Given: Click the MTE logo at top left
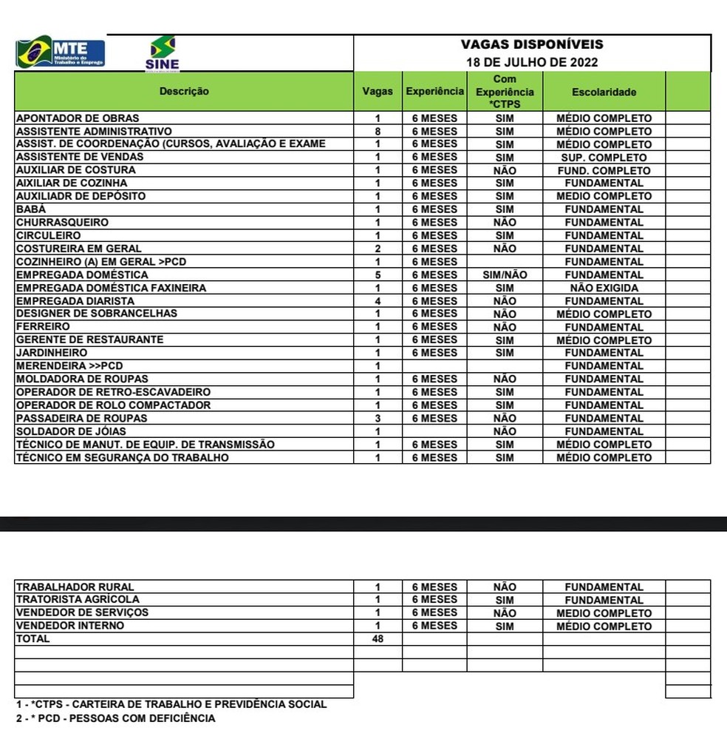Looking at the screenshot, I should (x=61, y=53).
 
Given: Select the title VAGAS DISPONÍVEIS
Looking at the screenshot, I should (x=532, y=45).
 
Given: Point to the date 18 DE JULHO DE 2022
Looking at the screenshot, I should (x=532, y=62).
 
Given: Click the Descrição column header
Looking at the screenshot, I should (x=184, y=92).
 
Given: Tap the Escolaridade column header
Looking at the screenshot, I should (x=604, y=92).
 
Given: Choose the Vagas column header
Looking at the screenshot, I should (x=378, y=92).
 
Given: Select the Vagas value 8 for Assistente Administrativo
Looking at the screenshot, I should (x=378, y=131).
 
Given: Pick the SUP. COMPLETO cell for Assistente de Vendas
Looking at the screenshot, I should (x=604, y=158).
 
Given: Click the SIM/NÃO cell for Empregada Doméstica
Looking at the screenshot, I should (x=505, y=275).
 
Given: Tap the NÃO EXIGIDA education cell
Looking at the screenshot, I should (x=604, y=288).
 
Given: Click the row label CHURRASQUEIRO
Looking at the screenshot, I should (x=62, y=223).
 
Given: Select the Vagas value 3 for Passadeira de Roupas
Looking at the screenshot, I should (x=378, y=419).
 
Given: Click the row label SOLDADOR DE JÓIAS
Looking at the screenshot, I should (x=71, y=431).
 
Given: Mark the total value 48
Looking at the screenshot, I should (x=378, y=639).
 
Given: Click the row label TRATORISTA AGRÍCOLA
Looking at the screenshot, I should (x=78, y=600).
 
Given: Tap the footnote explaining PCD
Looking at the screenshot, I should (x=116, y=718).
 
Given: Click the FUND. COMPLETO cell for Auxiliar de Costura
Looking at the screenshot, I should (x=604, y=171).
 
